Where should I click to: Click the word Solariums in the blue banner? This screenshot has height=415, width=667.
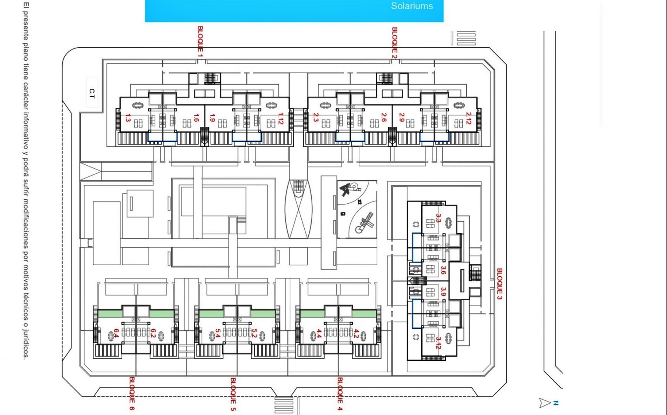(412, 6)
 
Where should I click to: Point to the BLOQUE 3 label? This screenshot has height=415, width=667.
(499, 284)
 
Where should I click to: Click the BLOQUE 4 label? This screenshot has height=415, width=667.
(340, 394)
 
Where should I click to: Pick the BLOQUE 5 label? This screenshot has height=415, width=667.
(233, 394)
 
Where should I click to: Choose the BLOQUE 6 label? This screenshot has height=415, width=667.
(132, 393)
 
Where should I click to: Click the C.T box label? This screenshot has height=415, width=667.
(92, 93)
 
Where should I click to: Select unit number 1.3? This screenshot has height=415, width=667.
(128, 118)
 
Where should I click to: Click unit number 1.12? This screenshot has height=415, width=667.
(281, 118)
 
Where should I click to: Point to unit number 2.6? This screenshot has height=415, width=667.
(384, 117)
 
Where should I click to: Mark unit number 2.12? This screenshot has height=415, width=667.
(468, 118)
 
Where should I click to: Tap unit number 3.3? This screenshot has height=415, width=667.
(439, 218)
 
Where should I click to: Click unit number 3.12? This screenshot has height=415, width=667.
(439, 343)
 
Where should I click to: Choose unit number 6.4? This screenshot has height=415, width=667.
(116, 333)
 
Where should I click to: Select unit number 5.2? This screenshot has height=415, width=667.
(254, 333)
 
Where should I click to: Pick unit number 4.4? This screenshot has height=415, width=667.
(318, 333)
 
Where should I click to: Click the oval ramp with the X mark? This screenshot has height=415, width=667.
(298, 209)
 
